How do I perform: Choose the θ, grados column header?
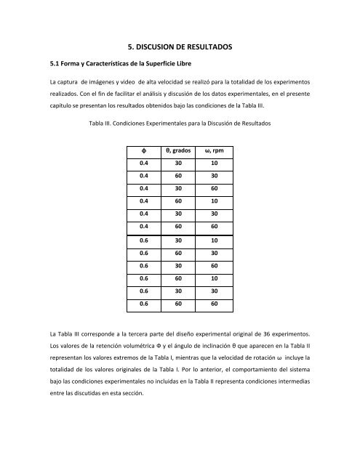179,150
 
